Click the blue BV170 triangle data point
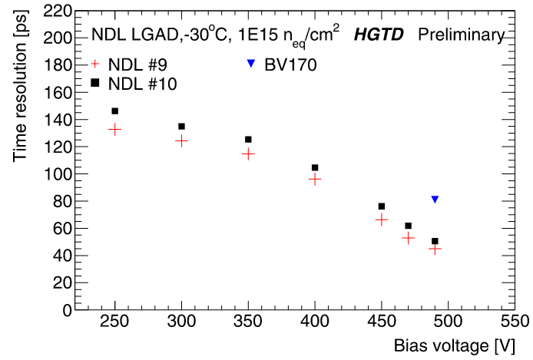click(x=435, y=200)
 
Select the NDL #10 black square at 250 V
click(x=115, y=111)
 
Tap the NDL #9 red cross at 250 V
click(x=115, y=130)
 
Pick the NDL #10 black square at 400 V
click(x=315, y=167)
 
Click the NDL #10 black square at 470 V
click(x=408, y=226)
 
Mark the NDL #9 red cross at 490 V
click(x=435, y=248)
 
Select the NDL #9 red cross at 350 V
click(x=248, y=154)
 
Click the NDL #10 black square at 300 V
click(x=182, y=126)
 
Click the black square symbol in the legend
click(x=95, y=82)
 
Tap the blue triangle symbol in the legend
click(x=250, y=64)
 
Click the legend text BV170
click(x=290, y=64)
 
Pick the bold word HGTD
click(x=376, y=35)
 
